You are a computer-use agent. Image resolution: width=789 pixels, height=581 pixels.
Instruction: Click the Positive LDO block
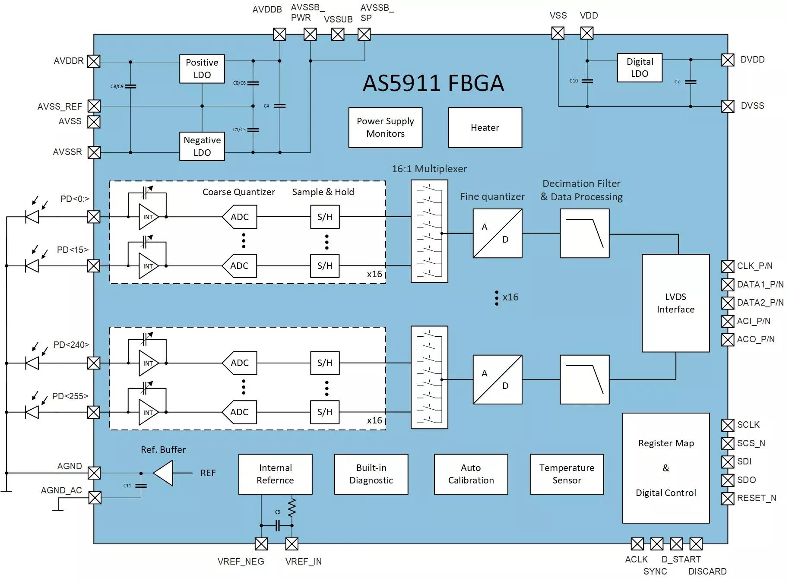click(202, 69)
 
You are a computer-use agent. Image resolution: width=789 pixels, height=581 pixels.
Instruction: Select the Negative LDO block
click(202, 146)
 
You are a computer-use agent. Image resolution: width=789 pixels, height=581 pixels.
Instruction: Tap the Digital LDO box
click(640, 68)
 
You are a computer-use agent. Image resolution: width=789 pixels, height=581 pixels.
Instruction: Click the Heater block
click(485, 128)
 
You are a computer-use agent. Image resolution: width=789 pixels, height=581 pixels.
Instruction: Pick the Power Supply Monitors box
click(385, 128)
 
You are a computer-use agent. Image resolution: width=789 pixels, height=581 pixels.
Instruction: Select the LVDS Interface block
click(675, 303)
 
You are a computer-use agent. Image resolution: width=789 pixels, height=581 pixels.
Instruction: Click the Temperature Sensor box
click(567, 474)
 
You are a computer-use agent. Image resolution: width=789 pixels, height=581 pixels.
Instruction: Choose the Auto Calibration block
click(471, 474)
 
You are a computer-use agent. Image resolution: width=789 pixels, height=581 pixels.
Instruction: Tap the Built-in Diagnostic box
click(371, 474)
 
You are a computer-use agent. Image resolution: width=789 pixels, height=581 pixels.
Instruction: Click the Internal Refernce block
click(275, 474)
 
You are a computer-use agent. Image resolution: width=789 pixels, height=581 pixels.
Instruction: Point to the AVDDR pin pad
click(94, 61)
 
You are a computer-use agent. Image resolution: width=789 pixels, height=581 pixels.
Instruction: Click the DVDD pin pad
click(728, 60)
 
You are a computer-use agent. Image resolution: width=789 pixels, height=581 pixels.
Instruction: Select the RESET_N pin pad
click(728, 499)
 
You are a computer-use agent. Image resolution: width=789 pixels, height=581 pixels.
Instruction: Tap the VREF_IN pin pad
click(292, 544)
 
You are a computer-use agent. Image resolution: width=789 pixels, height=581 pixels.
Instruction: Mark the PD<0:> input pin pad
click(94, 217)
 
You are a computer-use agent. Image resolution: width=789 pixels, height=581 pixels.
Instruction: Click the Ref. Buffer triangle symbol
click(163, 473)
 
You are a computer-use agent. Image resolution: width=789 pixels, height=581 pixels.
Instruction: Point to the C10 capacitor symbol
click(587, 81)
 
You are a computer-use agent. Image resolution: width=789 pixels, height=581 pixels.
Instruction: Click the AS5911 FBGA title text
click(433, 83)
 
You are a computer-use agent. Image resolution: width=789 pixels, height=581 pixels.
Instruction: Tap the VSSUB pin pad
click(338, 35)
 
